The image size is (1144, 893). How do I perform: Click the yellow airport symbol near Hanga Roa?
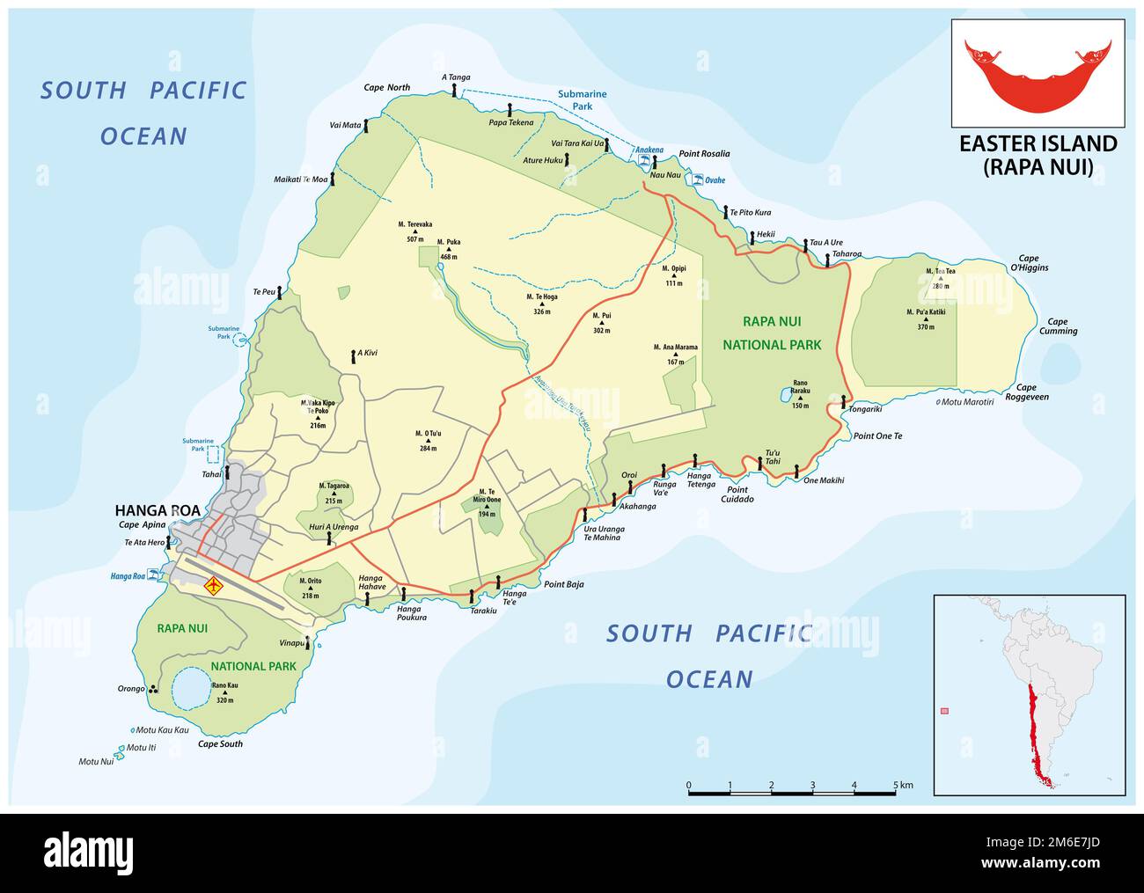tap(213, 585)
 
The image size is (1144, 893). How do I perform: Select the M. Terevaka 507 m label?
tap(414, 231)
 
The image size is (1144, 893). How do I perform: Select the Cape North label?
tap(386, 87)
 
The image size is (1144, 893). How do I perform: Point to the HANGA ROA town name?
tap(158, 509)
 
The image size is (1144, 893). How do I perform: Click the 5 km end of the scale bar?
tap(896, 793)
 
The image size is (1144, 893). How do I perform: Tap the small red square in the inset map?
tap(945, 711)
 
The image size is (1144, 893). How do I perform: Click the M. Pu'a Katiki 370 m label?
tap(925, 317)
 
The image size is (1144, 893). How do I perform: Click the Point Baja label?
tap(563, 584)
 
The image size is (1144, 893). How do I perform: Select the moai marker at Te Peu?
tap(280, 292)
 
